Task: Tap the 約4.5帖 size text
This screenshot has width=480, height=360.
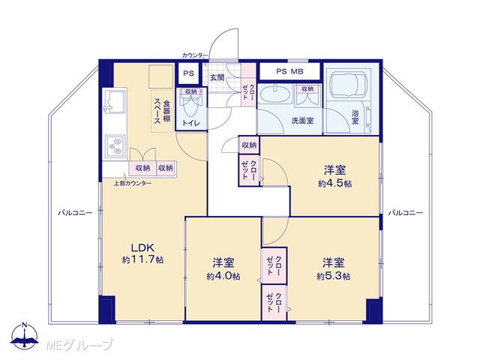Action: [334, 184]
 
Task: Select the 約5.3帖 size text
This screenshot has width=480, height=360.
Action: [333, 277]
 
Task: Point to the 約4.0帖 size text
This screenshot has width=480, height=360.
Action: [223, 277]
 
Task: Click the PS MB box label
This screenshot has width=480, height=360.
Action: [289, 72]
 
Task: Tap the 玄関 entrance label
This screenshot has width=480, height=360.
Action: [217, 77]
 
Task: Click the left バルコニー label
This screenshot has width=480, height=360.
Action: [75, 213]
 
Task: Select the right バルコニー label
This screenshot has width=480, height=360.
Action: [406, 213]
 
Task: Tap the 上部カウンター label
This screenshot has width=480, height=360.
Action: [133, 183]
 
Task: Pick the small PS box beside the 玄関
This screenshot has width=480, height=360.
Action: [188, 73]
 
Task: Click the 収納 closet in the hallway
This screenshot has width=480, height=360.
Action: [249, 145]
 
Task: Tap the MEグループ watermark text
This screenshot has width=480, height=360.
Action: [79, 345]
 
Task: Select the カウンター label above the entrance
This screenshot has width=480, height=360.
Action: [195, 55]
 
